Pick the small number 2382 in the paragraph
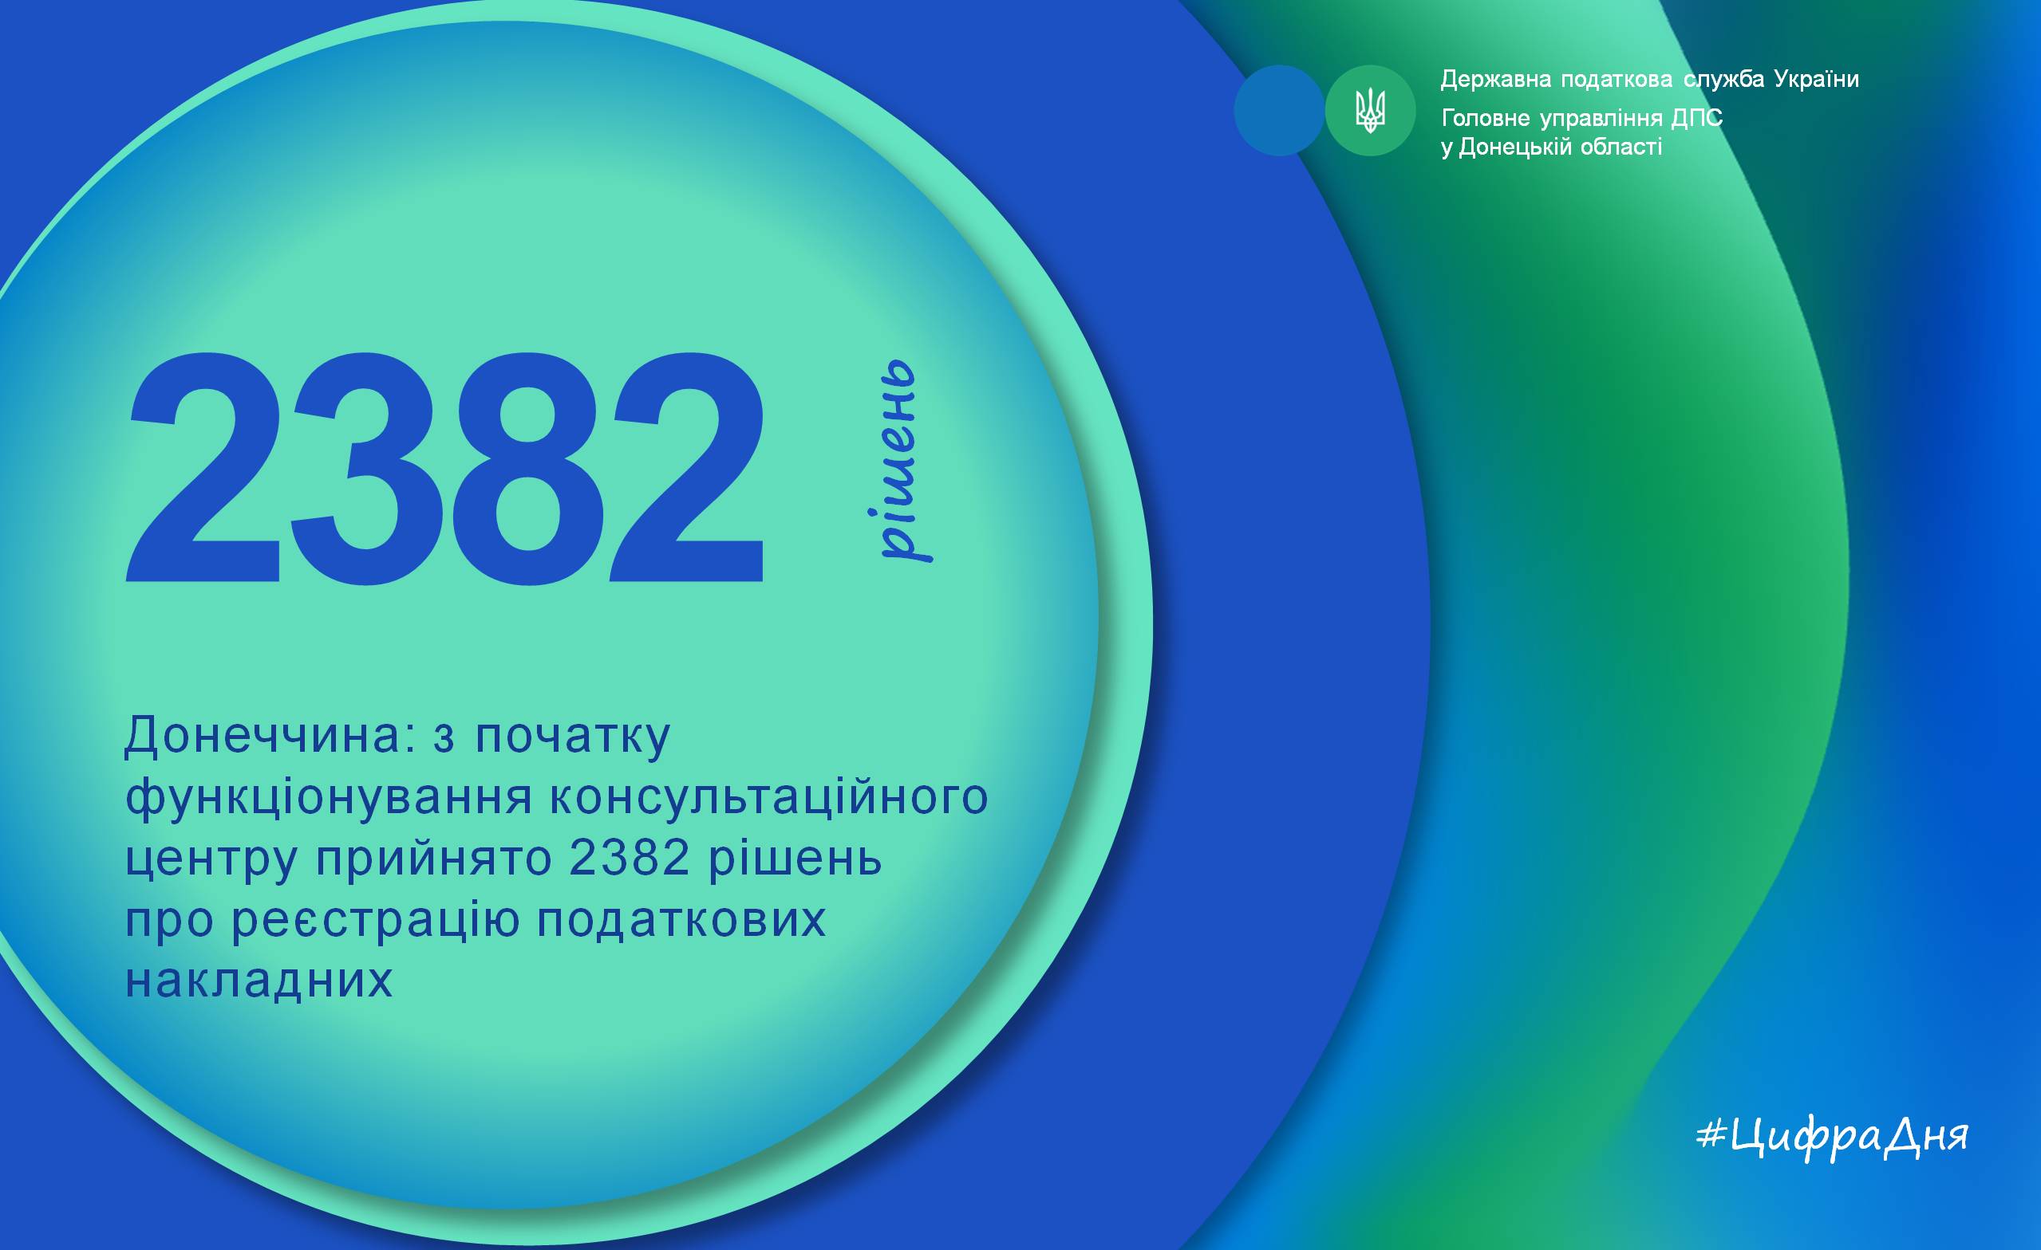pos(630,858)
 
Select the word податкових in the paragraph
pos(681,920)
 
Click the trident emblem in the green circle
pos(1370,110)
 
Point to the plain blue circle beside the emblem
pos(1279,110)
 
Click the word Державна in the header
pos(1496,81)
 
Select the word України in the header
pos(1817,79)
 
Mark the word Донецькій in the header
pos(1515,148)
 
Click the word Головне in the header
pos(1486,118)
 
